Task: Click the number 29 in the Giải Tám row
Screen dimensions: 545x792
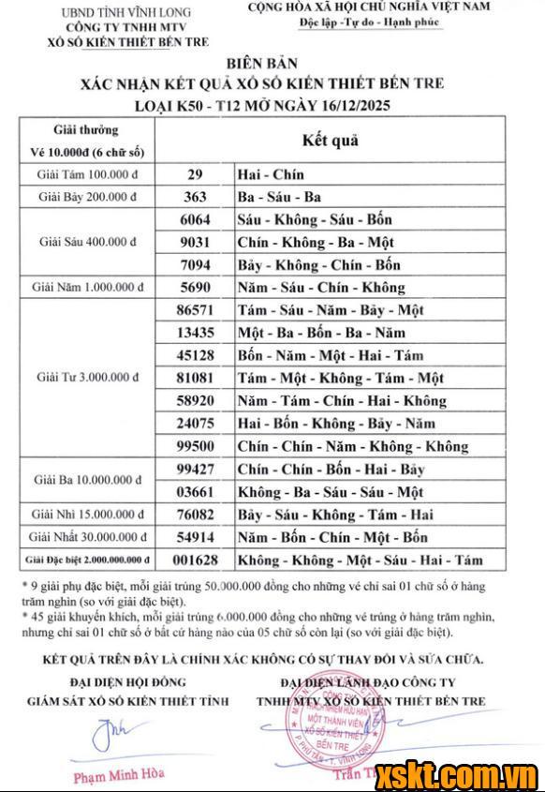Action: (195, 175)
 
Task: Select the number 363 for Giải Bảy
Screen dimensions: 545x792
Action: (195, 197)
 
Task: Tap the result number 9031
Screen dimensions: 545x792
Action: (195, 242)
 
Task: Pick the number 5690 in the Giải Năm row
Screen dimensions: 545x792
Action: (195, 287)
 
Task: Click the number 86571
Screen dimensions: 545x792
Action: (195, 310)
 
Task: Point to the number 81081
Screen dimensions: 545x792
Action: (195, 379)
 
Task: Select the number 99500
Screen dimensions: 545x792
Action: (195, 447)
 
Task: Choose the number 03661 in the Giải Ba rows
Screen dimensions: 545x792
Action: (195, 492)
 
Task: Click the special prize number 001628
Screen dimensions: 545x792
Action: (195, 560)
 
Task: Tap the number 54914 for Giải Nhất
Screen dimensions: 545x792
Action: (195, 537)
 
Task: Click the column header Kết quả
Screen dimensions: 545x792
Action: (330, 141)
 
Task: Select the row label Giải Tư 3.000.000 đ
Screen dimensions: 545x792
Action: (87, 378)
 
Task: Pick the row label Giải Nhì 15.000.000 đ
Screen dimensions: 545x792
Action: (87, 515)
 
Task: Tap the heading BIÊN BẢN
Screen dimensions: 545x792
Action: (272, 64)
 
